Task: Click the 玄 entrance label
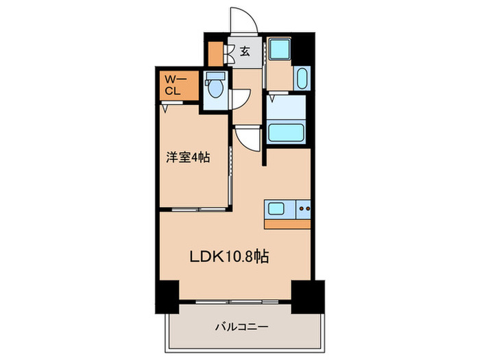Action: [x=244, y=50]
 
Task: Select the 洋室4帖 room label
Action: [x=187, y=157]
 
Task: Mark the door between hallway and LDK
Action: [x=246, y=140]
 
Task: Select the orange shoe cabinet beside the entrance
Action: [x=215, y=53]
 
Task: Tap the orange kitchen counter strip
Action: [x=287, y=224]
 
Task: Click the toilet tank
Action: [x=215, y=77]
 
